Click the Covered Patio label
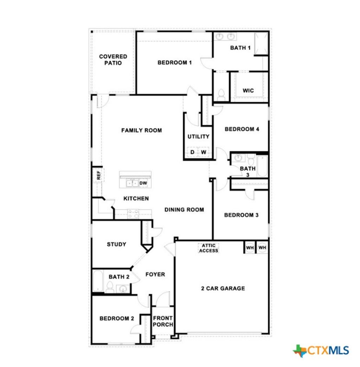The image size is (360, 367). (x=113, y=59)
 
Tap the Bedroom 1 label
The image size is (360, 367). (x=174, y=63)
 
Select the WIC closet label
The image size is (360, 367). (x=248, y=90)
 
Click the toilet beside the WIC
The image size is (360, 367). (x=221, y=94)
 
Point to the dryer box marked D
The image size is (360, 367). (x=192, y=152)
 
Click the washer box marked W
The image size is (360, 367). (x=204, y=152)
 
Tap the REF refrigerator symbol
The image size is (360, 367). (x=98, y=175)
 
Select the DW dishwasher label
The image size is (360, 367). (x=143, y=183)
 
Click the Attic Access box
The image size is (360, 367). (x=209, y=248)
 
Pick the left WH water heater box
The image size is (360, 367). (x=250, y=248)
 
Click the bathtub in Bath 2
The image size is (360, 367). (x=98, y=281)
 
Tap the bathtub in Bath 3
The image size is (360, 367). (x=262, y=166)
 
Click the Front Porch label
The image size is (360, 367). (x=163, y=321)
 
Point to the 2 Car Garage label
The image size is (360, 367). (x=223, y=288)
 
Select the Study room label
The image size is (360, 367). (x=116, y=244)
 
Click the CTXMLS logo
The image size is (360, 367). (x=321, y=350)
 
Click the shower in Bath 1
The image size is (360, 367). (x=261, y=44)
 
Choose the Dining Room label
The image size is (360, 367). (x=184, y=209)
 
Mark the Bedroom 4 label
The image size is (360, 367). (x=242, y=129)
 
